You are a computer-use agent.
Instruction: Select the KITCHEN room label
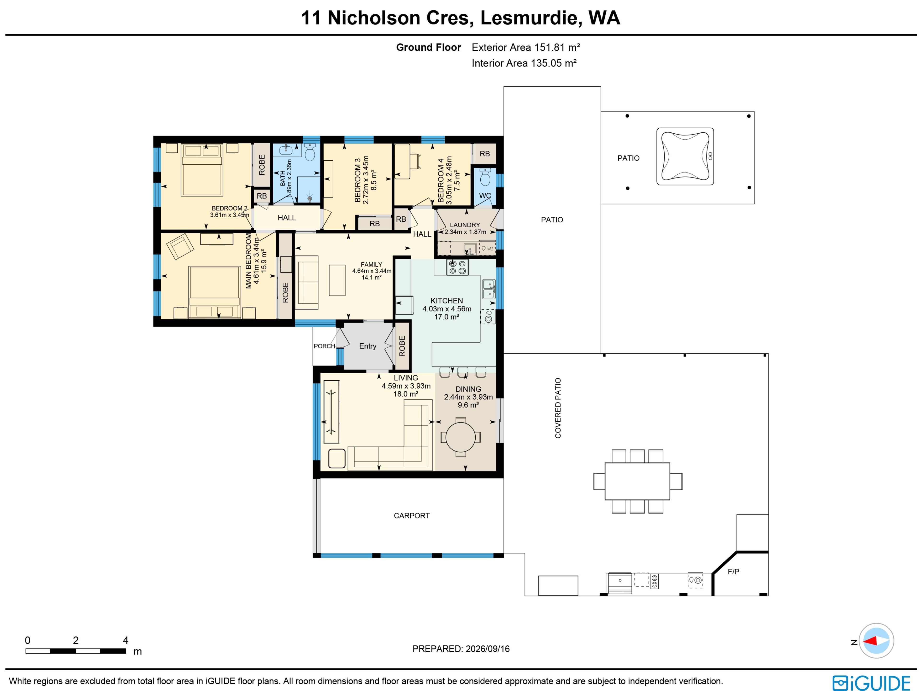(x=447, y=301)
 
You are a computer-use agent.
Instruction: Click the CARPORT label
(x=412, y=516)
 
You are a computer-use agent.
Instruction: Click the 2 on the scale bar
(x=76, y=640)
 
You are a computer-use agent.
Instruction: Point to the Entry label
(x=368, y=346)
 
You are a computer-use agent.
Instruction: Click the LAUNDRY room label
(x=465, y=225)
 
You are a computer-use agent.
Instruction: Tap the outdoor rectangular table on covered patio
(x=637, y=481)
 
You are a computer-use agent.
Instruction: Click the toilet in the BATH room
(x=310, y=153)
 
